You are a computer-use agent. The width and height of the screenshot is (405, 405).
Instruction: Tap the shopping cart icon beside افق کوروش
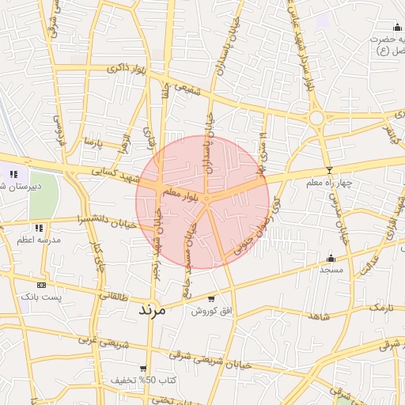coord(211,299)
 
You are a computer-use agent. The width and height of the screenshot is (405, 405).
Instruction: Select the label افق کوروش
coord(212,312)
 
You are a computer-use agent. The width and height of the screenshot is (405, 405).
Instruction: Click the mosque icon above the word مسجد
coord(330,258)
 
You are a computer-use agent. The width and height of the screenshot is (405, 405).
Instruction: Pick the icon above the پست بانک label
coord(41,285)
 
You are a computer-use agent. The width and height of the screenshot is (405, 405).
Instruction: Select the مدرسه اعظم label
coord(35,239)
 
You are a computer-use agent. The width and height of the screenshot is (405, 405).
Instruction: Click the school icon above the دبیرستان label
coord(13,174)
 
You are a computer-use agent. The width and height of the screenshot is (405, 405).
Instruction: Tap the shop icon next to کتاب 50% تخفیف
coord(142,368)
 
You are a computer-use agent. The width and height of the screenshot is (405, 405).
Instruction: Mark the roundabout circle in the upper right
coord(317,119)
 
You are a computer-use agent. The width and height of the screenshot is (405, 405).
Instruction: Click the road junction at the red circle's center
coord(206,199)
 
